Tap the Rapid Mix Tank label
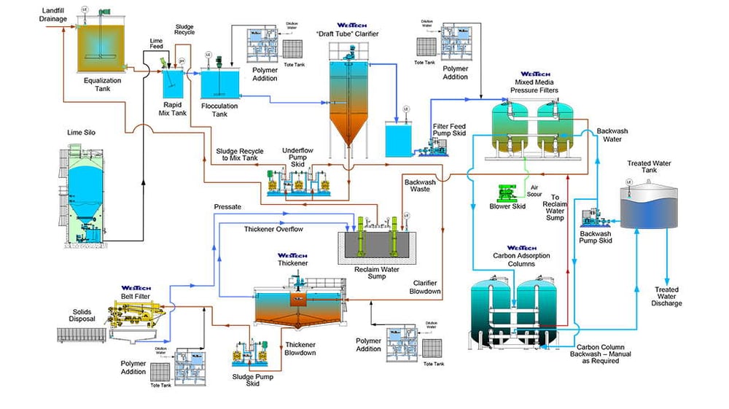click(176, 109)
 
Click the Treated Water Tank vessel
click(647, 209)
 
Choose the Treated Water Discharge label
click(667, 296)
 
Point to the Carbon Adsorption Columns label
click(521, 259)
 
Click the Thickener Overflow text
click(273, 229)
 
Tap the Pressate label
click(227, 207)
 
